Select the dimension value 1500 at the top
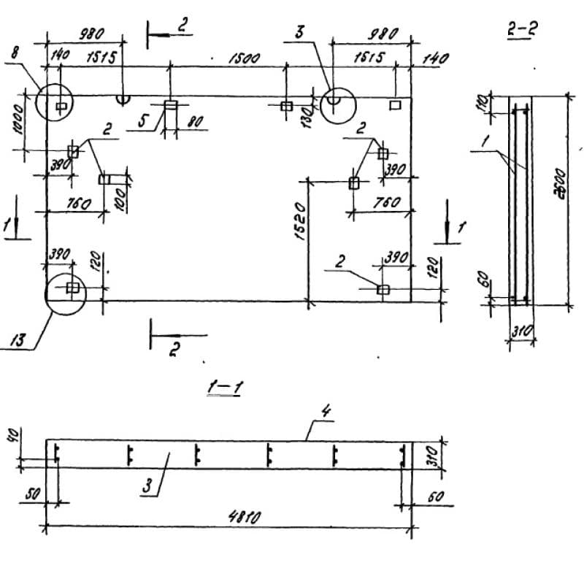(243, 58)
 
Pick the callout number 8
(16, 52)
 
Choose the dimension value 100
(120, 197)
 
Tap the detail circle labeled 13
(66, 292)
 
